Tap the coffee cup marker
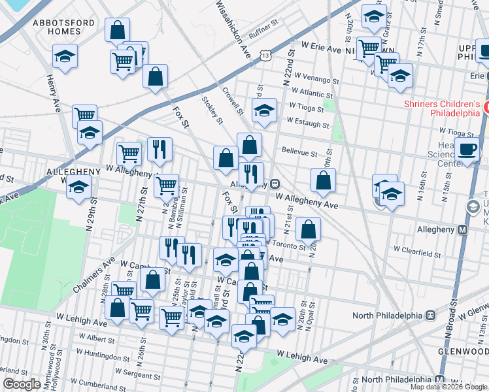click(467, 149)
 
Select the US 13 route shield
click(265, 56)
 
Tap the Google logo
click(22, 384)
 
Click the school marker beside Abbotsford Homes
click(65, 56)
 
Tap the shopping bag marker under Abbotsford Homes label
click(116, 29)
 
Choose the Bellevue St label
click(299, 151)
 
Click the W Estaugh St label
click(307, 123)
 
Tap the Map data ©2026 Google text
click(448, 387)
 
